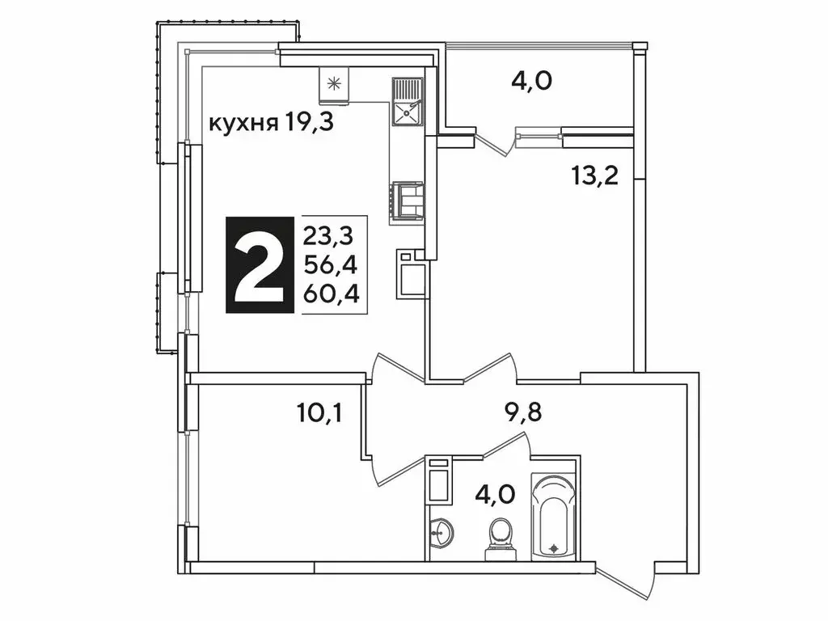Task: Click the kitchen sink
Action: point(407,103)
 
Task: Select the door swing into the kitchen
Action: point(396,369)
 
